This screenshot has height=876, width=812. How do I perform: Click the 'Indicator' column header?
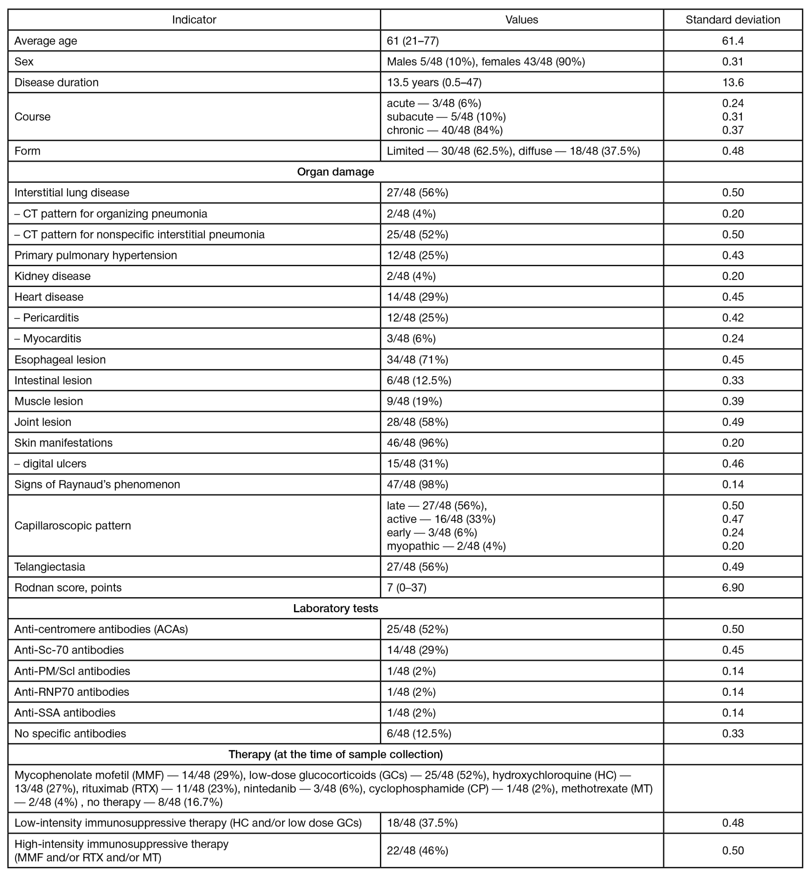[194, 20]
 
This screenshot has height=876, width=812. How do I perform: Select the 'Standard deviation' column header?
[732, 20]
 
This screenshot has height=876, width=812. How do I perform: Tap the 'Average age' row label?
[46, 41]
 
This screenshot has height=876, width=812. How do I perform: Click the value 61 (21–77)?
[412, 41]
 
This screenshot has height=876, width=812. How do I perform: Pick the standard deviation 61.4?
[732, 41]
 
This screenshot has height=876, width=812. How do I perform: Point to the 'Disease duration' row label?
[56, 82]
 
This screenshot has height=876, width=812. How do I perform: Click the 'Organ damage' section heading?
[335, 172]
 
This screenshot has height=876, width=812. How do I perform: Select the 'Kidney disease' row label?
[52, 276]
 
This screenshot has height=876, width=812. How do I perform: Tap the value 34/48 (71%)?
[417, 359]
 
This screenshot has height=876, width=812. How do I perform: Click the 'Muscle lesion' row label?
[48, 401]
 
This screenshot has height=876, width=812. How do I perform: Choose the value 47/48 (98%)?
[417, 485]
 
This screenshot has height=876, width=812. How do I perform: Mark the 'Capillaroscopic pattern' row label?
[73, 525]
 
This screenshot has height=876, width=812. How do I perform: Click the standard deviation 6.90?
[732, 588]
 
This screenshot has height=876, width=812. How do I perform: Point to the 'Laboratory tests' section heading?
[335, 609]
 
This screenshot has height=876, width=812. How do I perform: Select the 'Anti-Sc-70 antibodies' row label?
[69, 650]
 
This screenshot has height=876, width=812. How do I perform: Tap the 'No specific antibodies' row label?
[70, 734]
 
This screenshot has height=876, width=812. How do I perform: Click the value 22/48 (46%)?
[417, 851]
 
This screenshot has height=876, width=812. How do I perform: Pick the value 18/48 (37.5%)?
[422, 823]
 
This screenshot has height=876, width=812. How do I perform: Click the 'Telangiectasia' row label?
[50, 567]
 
